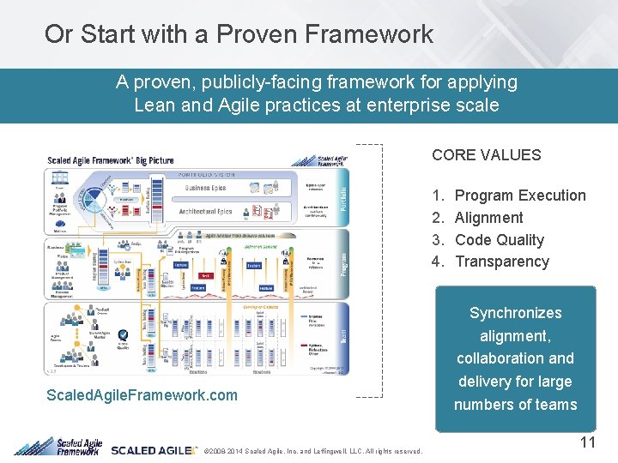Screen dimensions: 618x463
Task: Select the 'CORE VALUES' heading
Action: (486, 155)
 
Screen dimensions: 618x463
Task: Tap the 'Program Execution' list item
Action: (520, 195)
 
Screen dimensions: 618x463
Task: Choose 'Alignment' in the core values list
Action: (488, 218)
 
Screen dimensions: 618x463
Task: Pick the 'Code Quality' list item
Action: (500, 240)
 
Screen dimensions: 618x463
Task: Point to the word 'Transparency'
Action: (501, 262)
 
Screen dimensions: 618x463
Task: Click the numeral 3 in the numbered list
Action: (439, 240)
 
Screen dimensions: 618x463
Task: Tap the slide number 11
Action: (587, 442)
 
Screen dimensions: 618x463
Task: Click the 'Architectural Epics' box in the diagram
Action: (205, 211)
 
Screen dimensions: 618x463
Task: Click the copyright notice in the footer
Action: (310, 451)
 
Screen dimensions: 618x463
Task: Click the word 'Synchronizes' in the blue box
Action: (515, 313)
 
